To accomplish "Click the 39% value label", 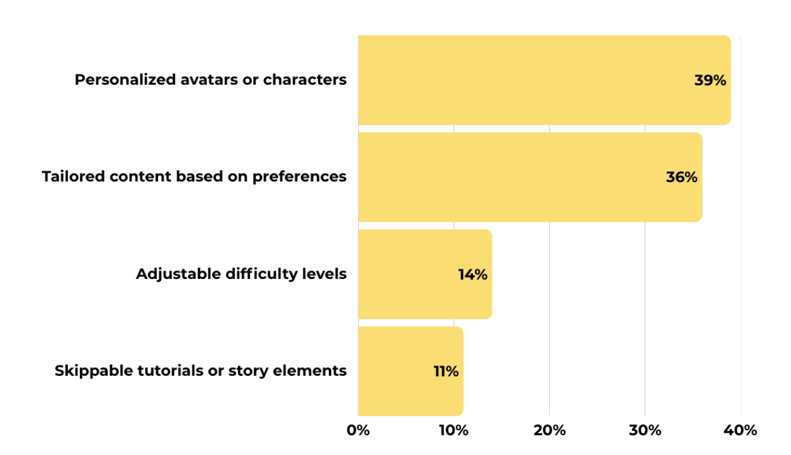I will (x=710, y=80).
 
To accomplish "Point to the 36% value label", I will (x=681, y=178).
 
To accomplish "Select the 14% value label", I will (x=472, y=275).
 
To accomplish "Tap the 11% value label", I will (x=446, y=372).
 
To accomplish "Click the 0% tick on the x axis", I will (x=358, y=431).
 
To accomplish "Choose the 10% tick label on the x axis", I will (x=454, y=431).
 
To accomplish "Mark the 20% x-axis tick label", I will (x=549, y=431).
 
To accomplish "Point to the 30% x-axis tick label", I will (x=645, y=431).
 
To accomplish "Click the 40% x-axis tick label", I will (x=740, y=431).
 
